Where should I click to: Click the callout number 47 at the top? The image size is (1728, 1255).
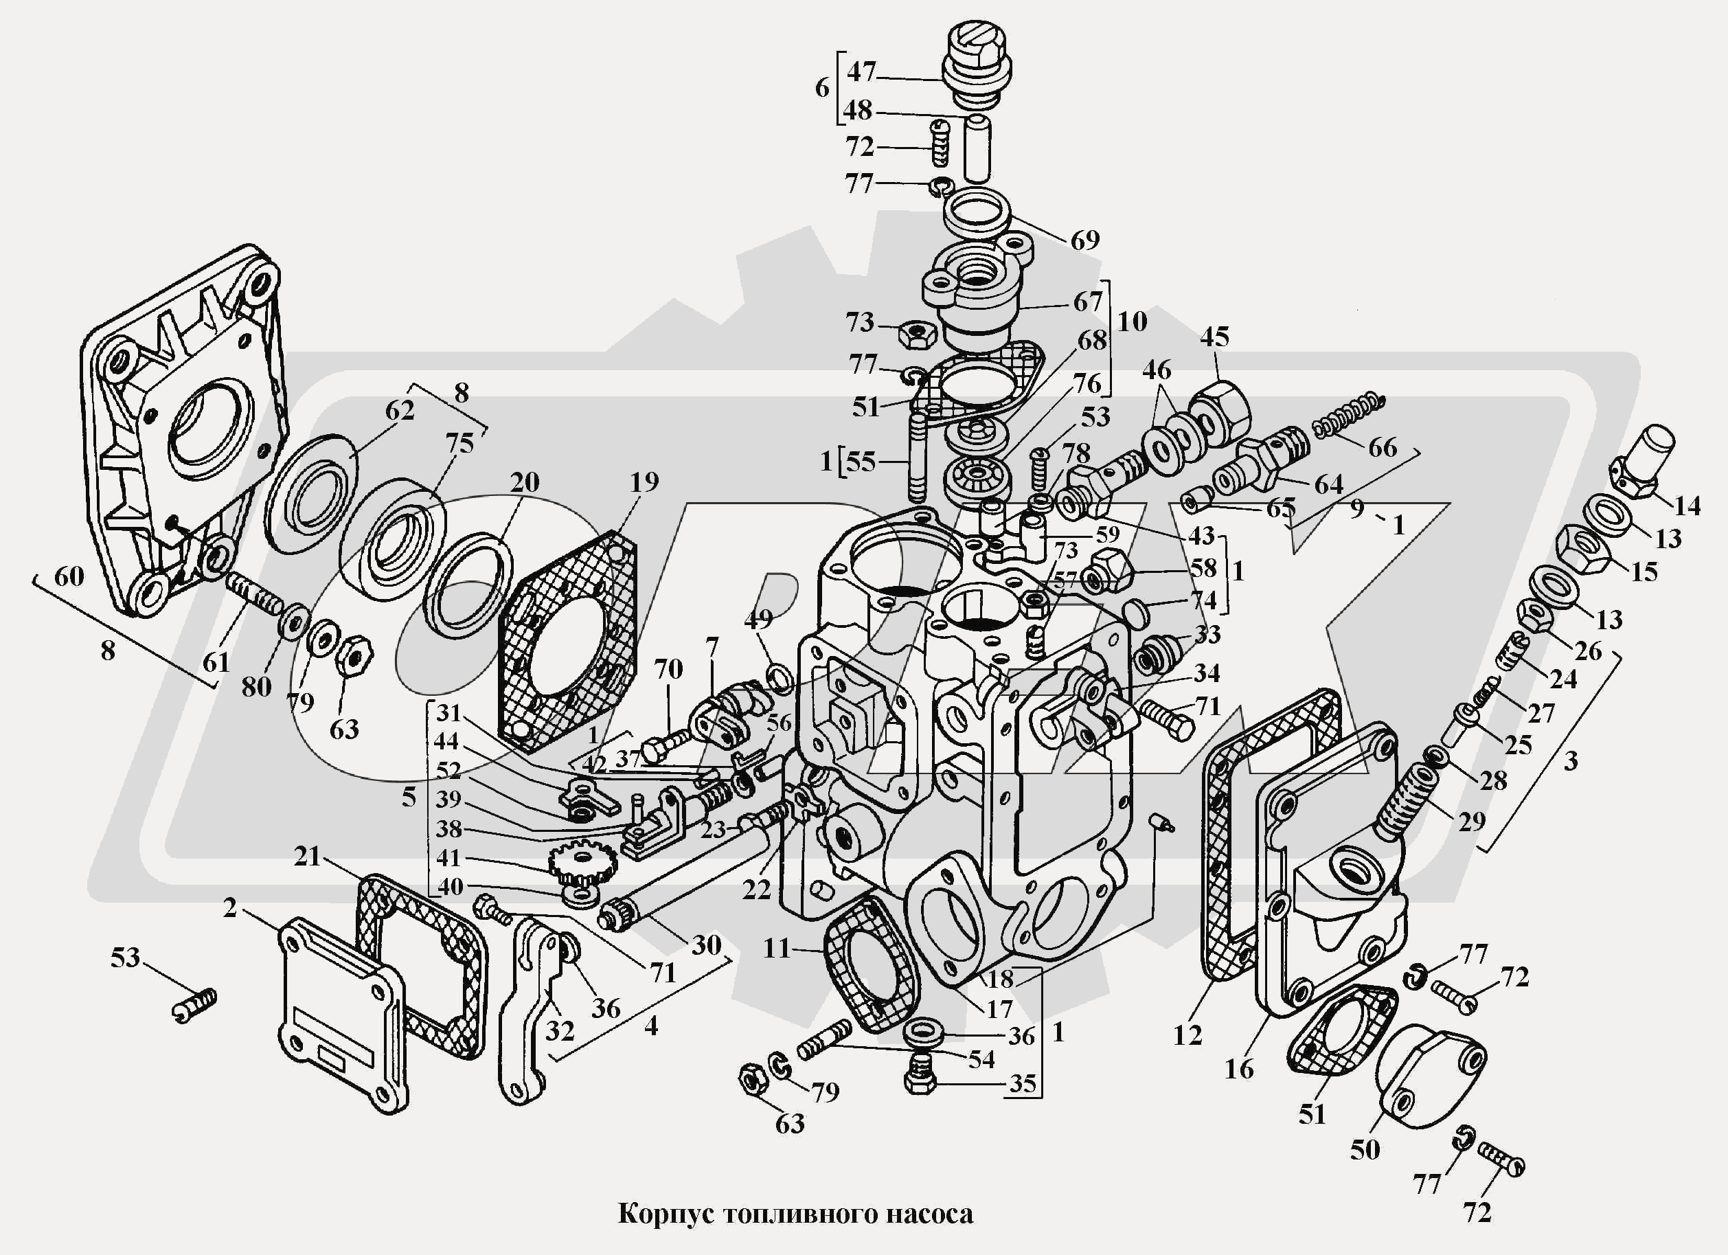(x=862, y=71)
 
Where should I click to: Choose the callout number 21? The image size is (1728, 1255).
(x=306, y=856)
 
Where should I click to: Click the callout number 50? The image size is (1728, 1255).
(x=1364, y=1149)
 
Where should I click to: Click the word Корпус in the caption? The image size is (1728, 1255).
(x=664, y=1214)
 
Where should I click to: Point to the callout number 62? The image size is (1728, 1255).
(x=399, y=410)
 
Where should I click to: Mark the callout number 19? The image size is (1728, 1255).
(x=644, y=481)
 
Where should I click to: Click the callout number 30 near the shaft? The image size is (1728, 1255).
(x=705, y=945)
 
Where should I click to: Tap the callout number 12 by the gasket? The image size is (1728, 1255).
(x=1187, y=1034)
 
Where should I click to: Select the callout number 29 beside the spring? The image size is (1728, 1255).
(x=1472, y=821)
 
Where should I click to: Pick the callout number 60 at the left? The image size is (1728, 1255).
(x=69, y=576)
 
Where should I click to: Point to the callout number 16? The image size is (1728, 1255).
(x=1239, y=1068)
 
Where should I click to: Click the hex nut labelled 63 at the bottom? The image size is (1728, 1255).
(x=753, y=1080)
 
